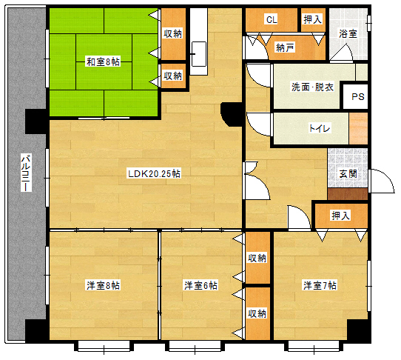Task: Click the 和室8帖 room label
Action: click(x=103, y=61)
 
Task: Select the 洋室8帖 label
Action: click(x=103, y=285)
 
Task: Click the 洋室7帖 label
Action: click(x=319, y=285)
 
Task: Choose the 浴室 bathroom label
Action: click(x=348, y=33)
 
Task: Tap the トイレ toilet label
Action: click(x=320, y=128)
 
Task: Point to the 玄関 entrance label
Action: click(x=348, y=173)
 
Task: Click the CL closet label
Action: click(x=271, y=19)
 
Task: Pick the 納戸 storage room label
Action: click(x=285, y=48)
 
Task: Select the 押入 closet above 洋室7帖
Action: click(x=340, y=216)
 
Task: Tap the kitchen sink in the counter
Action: click(x=198, y=53)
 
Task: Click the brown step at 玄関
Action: click(x=347, y=194)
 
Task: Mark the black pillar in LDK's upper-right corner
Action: click(x=231, y=113)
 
